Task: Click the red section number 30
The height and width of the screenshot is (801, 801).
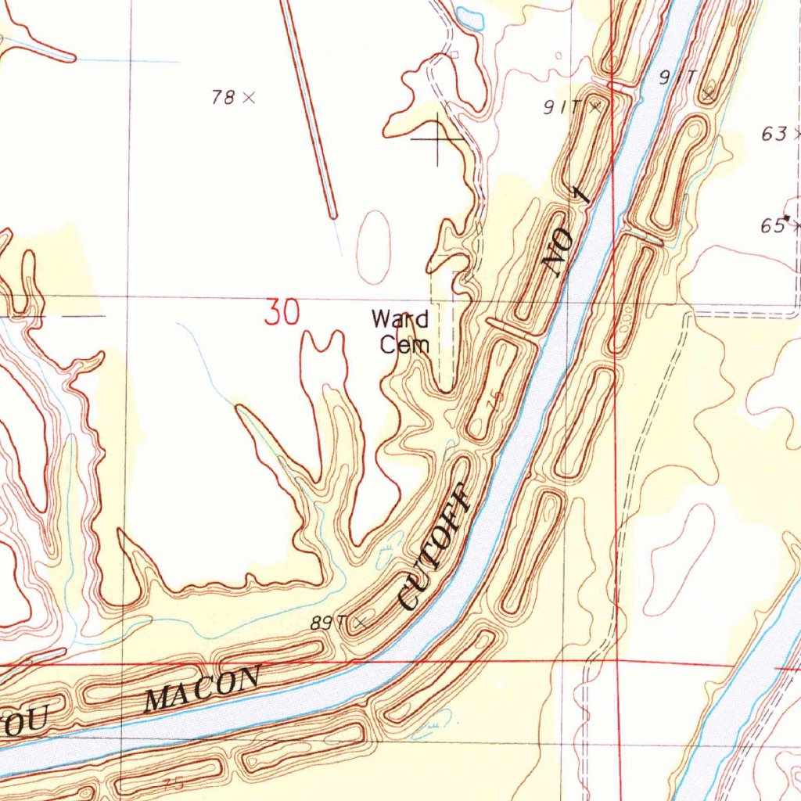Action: [x=281, y=313]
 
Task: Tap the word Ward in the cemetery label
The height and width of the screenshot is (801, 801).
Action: [x=400, y=319]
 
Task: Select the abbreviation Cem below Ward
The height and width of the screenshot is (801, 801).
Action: [x=404, y=344]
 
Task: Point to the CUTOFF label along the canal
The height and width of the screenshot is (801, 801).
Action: [x=436, y=547]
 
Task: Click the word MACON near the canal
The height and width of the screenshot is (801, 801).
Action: [x=203, y=689]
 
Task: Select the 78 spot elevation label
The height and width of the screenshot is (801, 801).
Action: [x=223, y=98]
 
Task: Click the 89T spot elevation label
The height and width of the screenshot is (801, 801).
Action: [x=329, y=623]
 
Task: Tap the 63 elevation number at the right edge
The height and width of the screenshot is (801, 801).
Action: [x=774, y=134]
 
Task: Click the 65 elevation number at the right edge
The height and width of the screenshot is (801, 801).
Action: [x=772, y=226]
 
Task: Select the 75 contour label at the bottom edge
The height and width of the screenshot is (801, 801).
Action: [x=173, y=783]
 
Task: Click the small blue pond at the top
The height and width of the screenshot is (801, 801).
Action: [x=469, y=17]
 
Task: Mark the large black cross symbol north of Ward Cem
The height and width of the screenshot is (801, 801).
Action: [x=436, y=139]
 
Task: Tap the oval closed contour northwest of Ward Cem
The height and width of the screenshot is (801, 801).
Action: [x=374, y=247]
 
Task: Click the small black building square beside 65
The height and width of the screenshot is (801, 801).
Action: [x=787, y=218]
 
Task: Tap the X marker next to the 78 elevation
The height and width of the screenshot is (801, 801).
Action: [x=249, y=98]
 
